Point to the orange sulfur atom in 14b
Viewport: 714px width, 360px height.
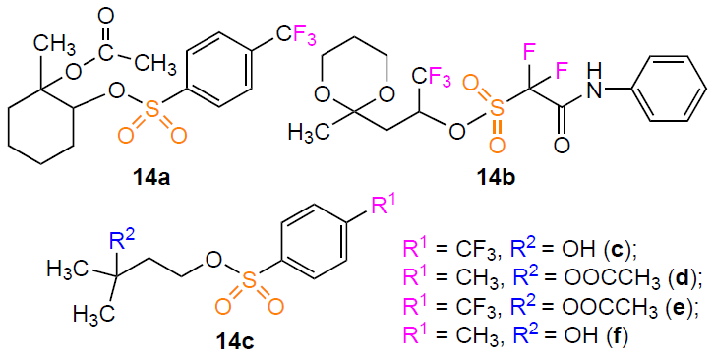(500, 108)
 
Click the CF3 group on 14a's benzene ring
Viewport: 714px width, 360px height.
(295, 34)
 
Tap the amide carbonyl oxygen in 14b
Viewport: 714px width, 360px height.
(563, 144)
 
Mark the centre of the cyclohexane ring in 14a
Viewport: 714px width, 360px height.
(41, 125)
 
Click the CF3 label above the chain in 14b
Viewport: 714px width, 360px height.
(432, 79)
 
